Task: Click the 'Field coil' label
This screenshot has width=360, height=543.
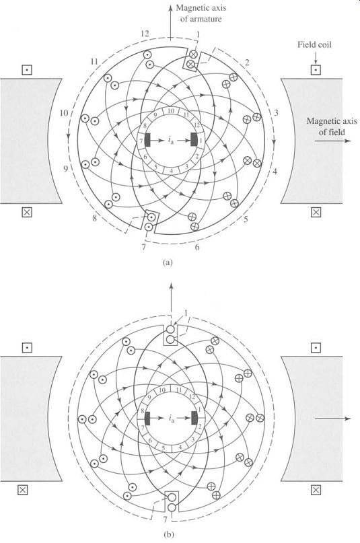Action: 314,44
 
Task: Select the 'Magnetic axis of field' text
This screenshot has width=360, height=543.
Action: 332,126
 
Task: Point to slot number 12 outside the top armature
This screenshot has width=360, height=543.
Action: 145,34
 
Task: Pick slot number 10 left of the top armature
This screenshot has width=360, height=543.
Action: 63,113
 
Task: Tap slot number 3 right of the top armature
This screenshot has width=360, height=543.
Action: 276,112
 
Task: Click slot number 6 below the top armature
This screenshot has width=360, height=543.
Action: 197,247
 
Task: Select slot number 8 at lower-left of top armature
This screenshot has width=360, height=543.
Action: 94,219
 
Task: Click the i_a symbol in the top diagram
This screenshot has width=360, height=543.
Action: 171,141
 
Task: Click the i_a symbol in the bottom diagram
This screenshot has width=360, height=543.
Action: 172,419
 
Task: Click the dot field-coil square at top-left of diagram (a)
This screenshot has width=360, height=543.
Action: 27,70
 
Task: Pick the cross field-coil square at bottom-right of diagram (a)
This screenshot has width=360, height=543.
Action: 316,212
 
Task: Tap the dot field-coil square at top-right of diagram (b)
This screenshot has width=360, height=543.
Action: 316,348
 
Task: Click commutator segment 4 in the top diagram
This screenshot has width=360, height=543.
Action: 171,171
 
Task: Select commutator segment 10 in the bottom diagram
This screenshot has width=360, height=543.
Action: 162,390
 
